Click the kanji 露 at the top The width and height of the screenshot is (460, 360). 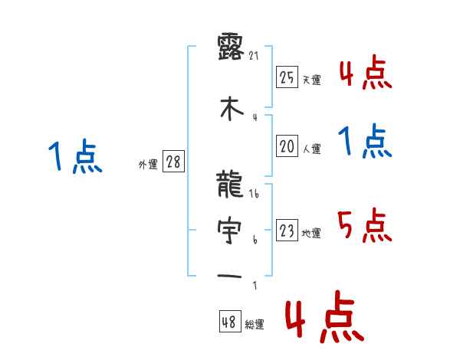(x=231, y=47)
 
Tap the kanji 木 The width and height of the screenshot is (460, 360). (x=231, y=108)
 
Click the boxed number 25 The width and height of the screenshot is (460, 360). (x=287, y=77)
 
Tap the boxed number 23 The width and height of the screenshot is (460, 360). (x=287, y=231)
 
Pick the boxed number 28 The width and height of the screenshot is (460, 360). (x=174, y=162)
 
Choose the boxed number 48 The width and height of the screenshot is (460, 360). (x=229, y=322)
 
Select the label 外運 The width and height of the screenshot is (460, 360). (x=148, y=165)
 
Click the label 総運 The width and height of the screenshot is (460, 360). (x=255, y=325)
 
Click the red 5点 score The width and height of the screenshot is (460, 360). (x=364, y=224)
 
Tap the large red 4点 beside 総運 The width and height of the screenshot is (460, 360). (x=323, y=319)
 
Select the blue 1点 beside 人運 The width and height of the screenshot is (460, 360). (x=364, y=142)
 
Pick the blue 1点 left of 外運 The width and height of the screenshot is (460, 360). (x=74, y=157)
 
